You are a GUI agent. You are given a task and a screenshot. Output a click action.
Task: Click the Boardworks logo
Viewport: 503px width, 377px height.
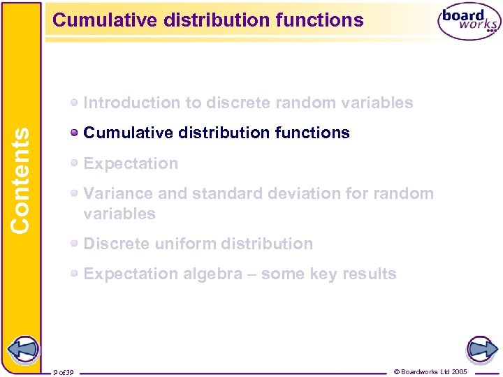point(469,22)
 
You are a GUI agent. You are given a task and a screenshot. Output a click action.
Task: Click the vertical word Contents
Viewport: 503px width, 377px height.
point(20,179)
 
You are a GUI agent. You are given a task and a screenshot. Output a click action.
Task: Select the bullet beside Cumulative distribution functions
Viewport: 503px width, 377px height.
point(75,133)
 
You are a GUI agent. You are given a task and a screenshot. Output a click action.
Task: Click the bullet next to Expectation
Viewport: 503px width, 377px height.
point(75,163)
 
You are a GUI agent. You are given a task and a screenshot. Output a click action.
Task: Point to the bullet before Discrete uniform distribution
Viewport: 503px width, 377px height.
point(75,244)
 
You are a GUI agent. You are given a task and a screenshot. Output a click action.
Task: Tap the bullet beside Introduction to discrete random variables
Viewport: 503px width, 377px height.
point(75,103)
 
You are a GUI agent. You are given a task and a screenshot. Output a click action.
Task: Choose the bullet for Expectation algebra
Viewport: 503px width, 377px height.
point(75,274)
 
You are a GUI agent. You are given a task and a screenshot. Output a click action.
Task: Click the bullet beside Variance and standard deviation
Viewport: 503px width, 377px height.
point(75,193)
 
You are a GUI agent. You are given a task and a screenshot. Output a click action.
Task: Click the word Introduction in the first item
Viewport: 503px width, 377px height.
point(131,103)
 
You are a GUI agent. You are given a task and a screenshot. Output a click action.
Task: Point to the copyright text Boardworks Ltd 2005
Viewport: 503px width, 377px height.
point(430,371)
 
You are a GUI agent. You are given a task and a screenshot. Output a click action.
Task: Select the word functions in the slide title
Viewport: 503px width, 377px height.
point(321,20)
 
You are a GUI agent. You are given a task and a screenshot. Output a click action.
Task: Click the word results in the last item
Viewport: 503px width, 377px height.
point(368,274)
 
